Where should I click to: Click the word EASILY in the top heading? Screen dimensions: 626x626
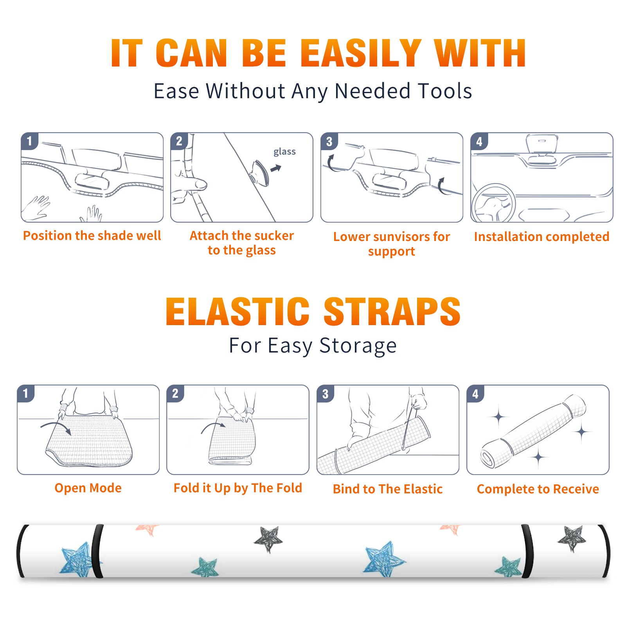(360, 53)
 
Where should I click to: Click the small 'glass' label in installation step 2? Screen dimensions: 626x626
(284, 152)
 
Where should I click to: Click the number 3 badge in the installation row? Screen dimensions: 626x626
(329, 141)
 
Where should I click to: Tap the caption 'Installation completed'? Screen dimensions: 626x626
(541, 237)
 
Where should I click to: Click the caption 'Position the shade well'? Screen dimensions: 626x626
(92, 236)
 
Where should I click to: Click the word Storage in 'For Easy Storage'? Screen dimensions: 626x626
(358, 346)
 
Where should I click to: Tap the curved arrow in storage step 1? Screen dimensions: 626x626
(56, 427)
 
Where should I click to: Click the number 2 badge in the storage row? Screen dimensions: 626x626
(175, 393)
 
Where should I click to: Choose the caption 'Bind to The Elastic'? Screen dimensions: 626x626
(388, 489)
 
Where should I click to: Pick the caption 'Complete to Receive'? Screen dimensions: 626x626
(538, 489)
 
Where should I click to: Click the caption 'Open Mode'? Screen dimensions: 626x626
(88, 488)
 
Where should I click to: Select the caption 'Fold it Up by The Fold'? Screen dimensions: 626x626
(238, 488)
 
